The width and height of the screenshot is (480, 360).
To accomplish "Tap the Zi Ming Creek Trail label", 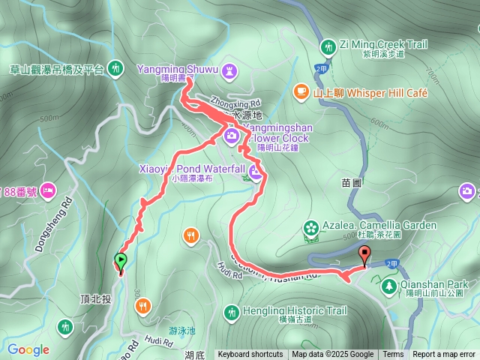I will tap(382, 44).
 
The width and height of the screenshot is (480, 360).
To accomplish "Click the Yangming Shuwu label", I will tap(177, 69).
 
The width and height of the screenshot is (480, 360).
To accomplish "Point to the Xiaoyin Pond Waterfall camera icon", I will tap(255, 174).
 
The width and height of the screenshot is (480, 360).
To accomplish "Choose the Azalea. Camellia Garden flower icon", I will tap(310, 227).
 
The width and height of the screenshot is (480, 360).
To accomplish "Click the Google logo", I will tap(28, 349).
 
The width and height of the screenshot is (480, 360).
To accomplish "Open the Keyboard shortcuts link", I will tap(250, 355).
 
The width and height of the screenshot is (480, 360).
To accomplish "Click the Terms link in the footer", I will tap(393, 355).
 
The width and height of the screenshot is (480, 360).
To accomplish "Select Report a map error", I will tap(444, 355).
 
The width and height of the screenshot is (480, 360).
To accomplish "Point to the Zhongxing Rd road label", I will tap(235, 101).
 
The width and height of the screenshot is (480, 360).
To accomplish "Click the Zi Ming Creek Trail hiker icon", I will tap(328, 49).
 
